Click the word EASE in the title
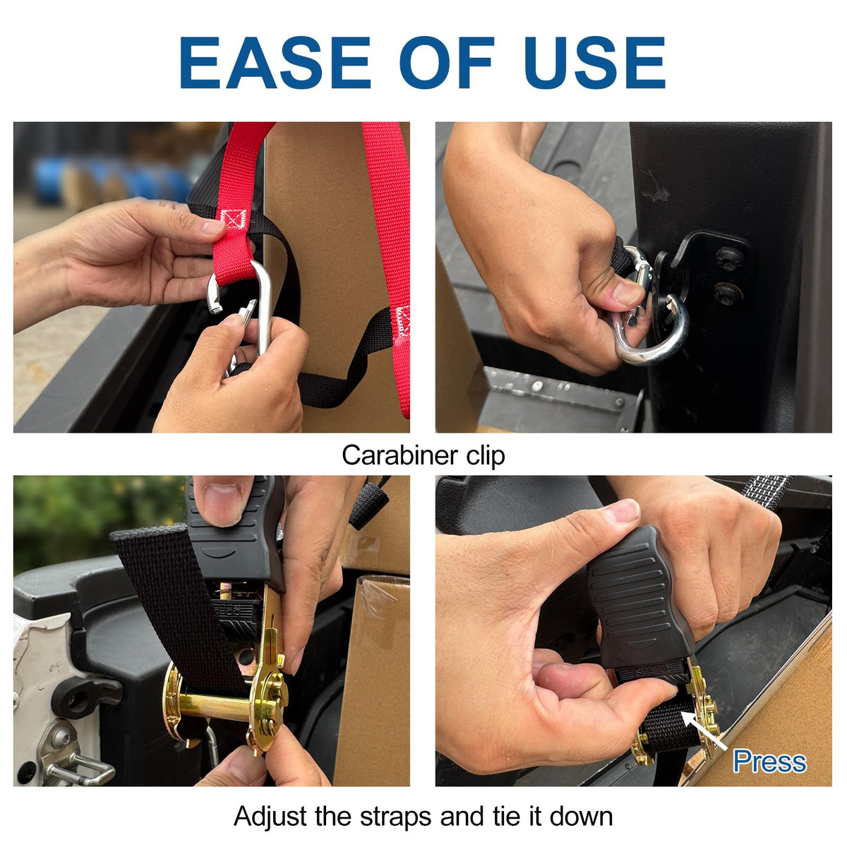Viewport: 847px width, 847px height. tap(275, 62)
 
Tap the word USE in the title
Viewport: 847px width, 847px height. tap(595, 62)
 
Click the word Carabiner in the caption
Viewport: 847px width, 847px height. tap(400, 455)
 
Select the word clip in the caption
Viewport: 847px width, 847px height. tap(485, 456)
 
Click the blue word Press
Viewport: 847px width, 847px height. tap(769, 762)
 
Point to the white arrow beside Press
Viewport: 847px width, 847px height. tap(704, 730)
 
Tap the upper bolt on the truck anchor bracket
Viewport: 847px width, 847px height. tap(730, 258)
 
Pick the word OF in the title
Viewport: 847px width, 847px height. tap(447, 62)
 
